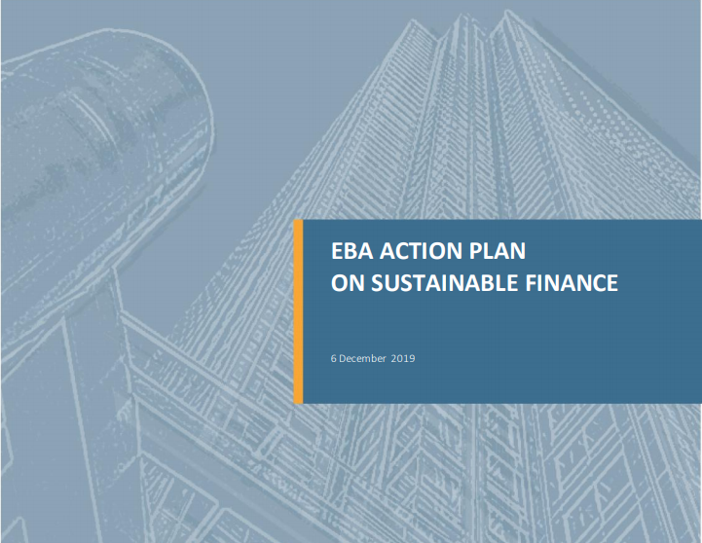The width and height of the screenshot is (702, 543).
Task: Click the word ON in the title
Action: click(x=348, y=283)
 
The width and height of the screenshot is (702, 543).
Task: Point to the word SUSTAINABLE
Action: click(x=444, y=283)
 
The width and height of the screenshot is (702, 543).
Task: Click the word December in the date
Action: click(x=362, y=359)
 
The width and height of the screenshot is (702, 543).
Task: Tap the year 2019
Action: click(x=403, y=359)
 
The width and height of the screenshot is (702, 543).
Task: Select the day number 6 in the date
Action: click(x=334, y=359)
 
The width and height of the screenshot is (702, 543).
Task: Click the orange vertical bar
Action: click(x=298, y=311)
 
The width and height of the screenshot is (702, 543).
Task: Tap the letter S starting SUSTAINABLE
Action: click(x=378, y=283)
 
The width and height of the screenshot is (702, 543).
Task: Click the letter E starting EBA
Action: click(x=337, y=251)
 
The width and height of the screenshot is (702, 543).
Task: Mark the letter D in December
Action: click(x=342, y=359)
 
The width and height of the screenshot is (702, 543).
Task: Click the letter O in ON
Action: click(x=340, y=283)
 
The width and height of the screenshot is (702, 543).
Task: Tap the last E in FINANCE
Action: click(x=612, y=283)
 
